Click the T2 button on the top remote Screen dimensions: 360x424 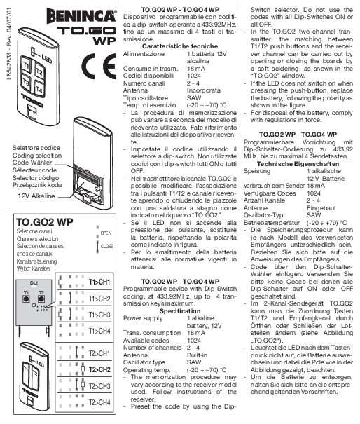point(39,73)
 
